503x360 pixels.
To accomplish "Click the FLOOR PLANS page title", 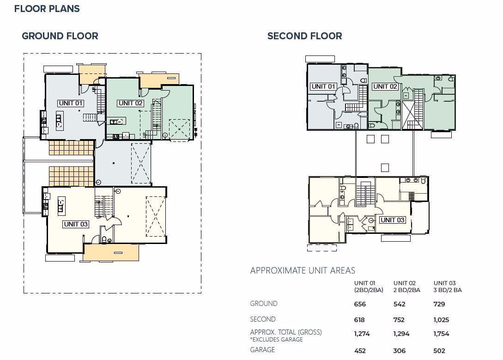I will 47,9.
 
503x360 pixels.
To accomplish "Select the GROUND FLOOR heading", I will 60,36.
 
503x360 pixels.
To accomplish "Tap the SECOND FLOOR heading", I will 304,36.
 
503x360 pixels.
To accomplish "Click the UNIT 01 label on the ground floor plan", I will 71,103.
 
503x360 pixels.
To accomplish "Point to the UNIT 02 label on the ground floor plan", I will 130,103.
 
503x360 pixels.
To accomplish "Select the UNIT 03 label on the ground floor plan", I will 76,224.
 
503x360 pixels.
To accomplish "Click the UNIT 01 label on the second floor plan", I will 323,86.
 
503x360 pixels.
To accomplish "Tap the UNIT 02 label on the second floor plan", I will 385,86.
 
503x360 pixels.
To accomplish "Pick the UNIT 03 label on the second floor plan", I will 392,220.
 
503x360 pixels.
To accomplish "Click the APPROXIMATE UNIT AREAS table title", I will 303,271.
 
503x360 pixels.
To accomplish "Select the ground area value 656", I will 360,304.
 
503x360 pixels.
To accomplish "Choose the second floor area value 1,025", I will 441,320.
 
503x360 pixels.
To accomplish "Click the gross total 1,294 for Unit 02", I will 400,334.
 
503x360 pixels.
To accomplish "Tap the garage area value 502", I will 439,351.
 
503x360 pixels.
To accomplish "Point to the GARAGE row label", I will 262,350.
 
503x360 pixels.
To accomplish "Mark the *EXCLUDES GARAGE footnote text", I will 277,340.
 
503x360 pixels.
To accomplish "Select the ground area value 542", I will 399,304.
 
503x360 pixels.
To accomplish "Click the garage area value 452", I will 360,351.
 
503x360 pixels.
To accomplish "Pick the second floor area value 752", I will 399,320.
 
